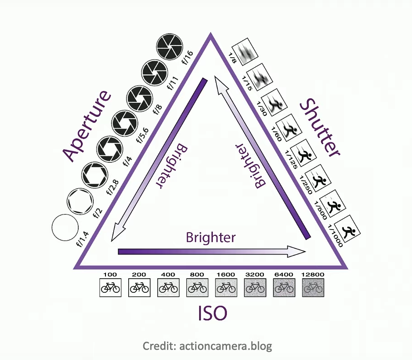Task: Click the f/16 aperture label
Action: pos(188,58)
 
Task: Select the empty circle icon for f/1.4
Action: pos(65,227)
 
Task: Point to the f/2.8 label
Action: pos(113,187)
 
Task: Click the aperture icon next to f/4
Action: pos(110,149)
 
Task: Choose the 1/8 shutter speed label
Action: pos(232,58)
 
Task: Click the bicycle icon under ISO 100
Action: pos(111,288)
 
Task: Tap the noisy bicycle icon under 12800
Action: pos(313,288)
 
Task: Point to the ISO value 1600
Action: pos(226,275)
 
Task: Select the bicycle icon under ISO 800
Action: pos(197,288)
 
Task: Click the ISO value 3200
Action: pos(255,275)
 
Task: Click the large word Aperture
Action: pos(87,126)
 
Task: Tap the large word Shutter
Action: pos(320,128)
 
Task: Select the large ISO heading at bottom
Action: pos(212,313)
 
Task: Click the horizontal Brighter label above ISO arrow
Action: pos(211,237)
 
